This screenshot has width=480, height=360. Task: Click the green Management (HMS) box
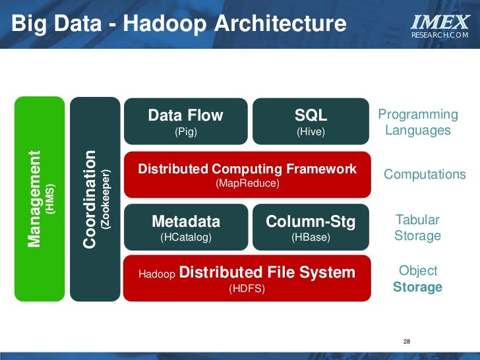pyautogui.click(x=40, y=198)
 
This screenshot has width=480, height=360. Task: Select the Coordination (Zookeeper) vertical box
pyautogui.click(x=94, y=198)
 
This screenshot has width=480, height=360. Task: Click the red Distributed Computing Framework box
pyautogui.click(x=247, y=175)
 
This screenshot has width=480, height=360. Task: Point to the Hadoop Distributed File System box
pyautogui.click(x=247, y=278)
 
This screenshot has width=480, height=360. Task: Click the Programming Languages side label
pyautogui.click(x=417, y=123)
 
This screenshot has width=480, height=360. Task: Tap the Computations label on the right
pyautogui.click(x=425, y=175)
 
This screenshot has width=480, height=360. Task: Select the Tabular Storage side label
pyautogui.click(x=417, y=227)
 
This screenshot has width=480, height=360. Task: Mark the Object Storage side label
pyautogui.click(x=418, y=279)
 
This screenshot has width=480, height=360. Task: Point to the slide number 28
pyautogui.click(x=406, y=342)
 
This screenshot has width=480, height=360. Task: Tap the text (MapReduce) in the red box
pyautogui.click(x=247, y=183)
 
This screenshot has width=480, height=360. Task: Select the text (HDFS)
pyautogui.click(x=247, y=288)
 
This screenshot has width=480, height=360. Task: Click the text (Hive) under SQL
pyautogui.click(x=311, y=132)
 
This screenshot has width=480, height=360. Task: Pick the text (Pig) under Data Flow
pyautogui.click(x=185, y=132)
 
